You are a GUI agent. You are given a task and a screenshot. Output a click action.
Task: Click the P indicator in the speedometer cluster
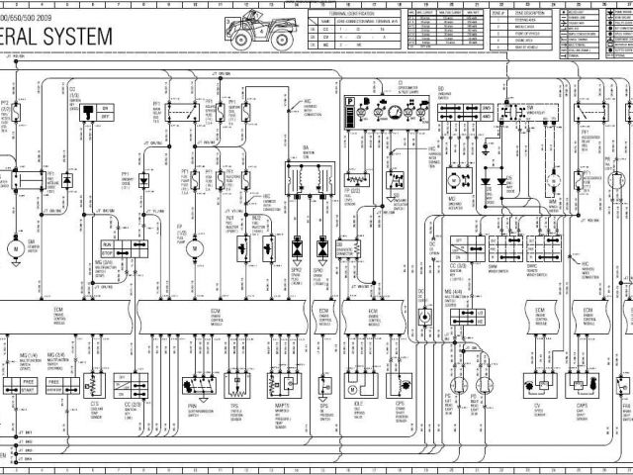coord(349,102)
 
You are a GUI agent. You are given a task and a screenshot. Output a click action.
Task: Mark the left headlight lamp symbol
coord(454,384)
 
